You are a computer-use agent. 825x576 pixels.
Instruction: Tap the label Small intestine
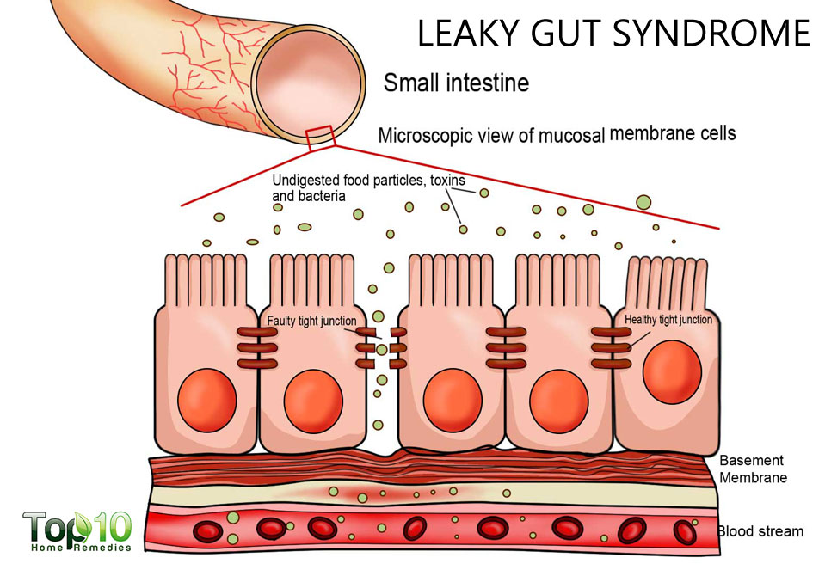(455, 83)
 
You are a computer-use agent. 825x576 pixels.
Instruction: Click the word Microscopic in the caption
(422, 136)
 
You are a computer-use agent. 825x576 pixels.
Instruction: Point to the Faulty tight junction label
(311, 321)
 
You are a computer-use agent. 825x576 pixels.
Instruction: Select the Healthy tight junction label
(668, 320)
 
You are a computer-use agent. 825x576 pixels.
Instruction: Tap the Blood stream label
(760, 530)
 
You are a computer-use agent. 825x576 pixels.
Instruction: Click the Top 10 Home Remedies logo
(77, 531)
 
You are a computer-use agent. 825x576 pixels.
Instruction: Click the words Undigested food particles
(339, 181)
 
